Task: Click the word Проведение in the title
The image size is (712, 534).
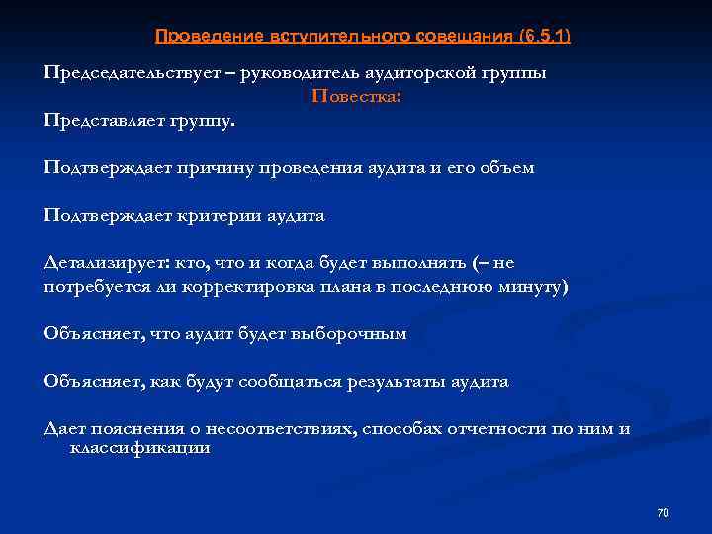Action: click(x=207, y=36)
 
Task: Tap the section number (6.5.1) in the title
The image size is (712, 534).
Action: click(x=545, y=36)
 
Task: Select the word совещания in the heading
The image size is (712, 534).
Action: click(x=459, y=36)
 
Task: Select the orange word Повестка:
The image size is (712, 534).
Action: click(x=357, y=97)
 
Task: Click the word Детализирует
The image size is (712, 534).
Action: click(x=105, y=263)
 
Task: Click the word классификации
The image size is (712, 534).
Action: click(x=139, y=448)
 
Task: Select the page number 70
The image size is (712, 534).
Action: click(x=663, y=512)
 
